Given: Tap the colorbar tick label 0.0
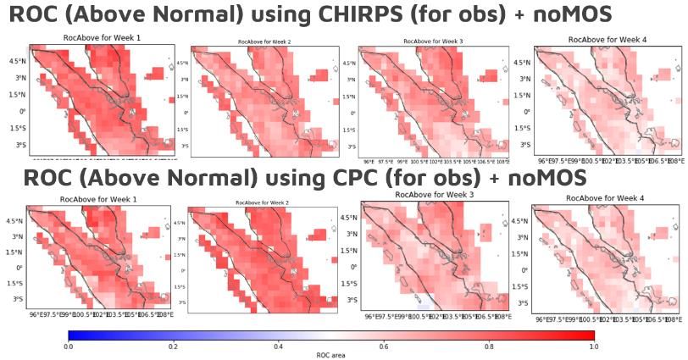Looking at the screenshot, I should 68,346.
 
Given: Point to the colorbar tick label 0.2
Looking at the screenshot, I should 173,346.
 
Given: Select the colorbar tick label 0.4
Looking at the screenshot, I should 278,346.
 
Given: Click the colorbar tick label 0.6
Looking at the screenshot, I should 383,346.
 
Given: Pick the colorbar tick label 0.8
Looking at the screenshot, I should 488,346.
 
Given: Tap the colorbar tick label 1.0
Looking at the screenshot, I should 592,346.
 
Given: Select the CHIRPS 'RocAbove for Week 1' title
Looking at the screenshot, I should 94,39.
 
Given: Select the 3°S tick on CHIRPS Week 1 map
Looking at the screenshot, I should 18,145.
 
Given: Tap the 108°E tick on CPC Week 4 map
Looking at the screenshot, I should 674,319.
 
